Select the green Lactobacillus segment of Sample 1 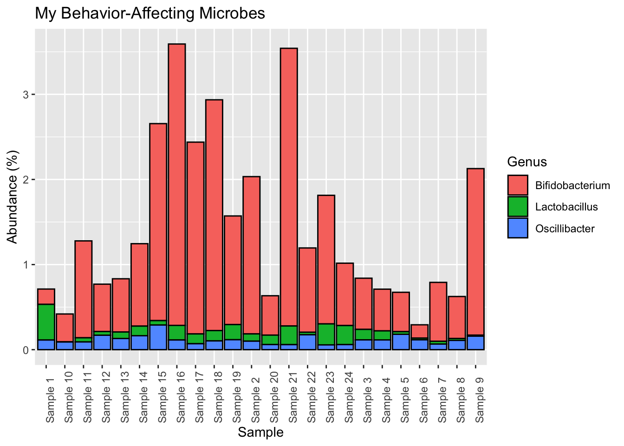click(46, 321)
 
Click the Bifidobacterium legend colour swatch click(518, 185)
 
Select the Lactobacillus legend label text click(566, 207)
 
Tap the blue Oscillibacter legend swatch click(518, 228)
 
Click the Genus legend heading click(527, 162)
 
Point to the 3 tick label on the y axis click(26, 95)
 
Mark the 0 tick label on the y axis click(26, 350)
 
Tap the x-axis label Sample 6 click(423, 398)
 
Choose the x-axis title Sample click(260, 433)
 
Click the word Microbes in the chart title click(236, 13)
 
